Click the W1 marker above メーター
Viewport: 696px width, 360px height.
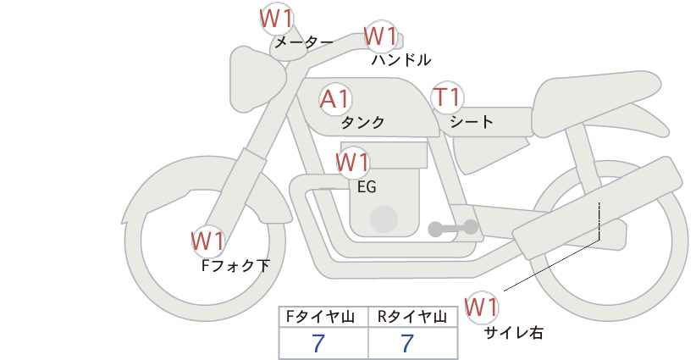tap(276, 19)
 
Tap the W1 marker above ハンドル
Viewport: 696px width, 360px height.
tap(380, 36)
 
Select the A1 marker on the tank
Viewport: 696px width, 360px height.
tap(335, 99)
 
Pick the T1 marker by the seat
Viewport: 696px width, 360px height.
tap(447, 97)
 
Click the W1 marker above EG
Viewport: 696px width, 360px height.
tap(352, 163)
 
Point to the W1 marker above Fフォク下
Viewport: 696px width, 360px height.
tap(207, 241)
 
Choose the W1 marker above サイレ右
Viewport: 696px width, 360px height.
tap(481, 307)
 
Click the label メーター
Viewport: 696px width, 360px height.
tap(304, 42)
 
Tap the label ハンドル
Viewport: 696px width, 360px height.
tap(400, 59)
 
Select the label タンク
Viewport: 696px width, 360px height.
tap(362, 123)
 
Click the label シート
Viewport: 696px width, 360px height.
tap(471, 121)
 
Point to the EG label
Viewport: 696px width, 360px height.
tap(367, 187)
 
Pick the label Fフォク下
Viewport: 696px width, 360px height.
tap(235, 266)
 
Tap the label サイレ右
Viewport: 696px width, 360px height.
tap(514, 333)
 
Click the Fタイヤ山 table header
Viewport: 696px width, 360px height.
tap(320, 317)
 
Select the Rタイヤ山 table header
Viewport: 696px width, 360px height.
tap(412, 317)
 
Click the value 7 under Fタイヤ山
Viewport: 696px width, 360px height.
tap(318, 344)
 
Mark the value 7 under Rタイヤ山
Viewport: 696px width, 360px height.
tap(407, 344)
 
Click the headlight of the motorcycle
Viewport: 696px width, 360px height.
tap(256, 79)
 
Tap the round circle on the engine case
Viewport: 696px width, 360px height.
tap(384, 219)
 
